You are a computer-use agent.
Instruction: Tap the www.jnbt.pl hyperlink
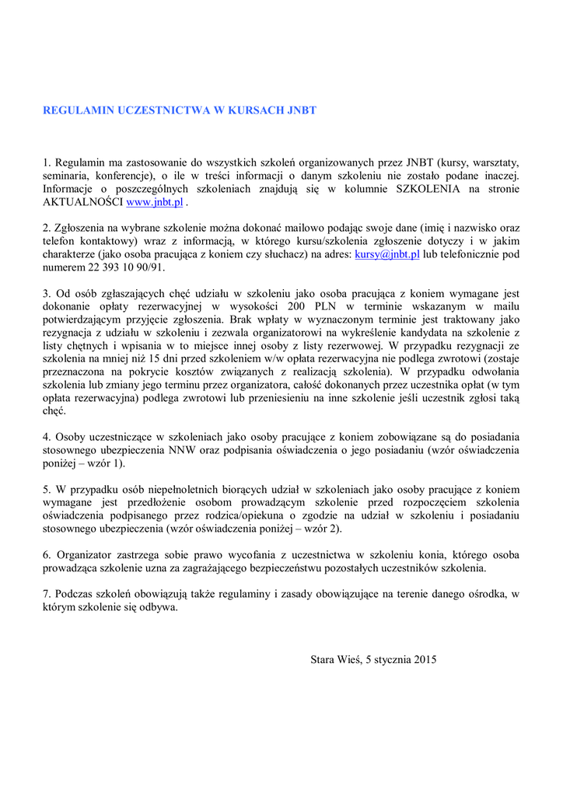pos(154,202)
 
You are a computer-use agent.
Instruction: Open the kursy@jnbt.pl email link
pos(386,254)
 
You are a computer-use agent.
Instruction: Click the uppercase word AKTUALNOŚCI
pos(83,202)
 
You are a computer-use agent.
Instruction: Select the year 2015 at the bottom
pos(425,660)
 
